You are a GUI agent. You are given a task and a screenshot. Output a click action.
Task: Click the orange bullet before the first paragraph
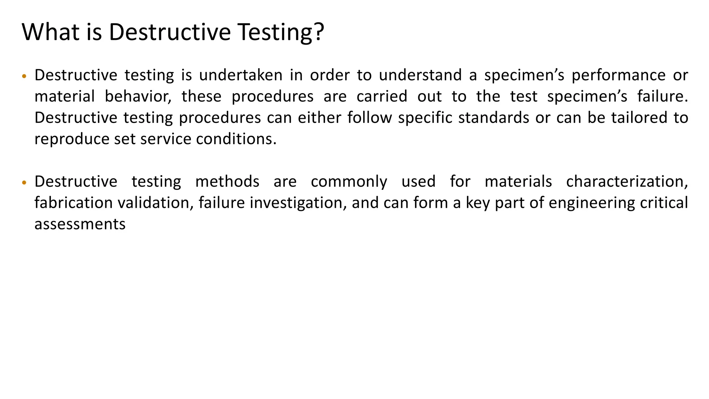pos(24,76)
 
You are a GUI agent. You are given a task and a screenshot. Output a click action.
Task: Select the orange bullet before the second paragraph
pos(24,183)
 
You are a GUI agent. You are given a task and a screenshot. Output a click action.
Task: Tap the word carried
pos(382,97)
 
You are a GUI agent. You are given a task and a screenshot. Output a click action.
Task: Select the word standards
pos(494,118)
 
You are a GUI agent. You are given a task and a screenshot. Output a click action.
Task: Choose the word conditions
pos(236,139)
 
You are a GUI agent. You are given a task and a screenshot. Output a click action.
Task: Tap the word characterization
pos(627,182)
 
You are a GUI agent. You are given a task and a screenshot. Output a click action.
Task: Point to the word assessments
pos(80,224)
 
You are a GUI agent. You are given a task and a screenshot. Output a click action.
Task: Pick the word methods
pos(227,182)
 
